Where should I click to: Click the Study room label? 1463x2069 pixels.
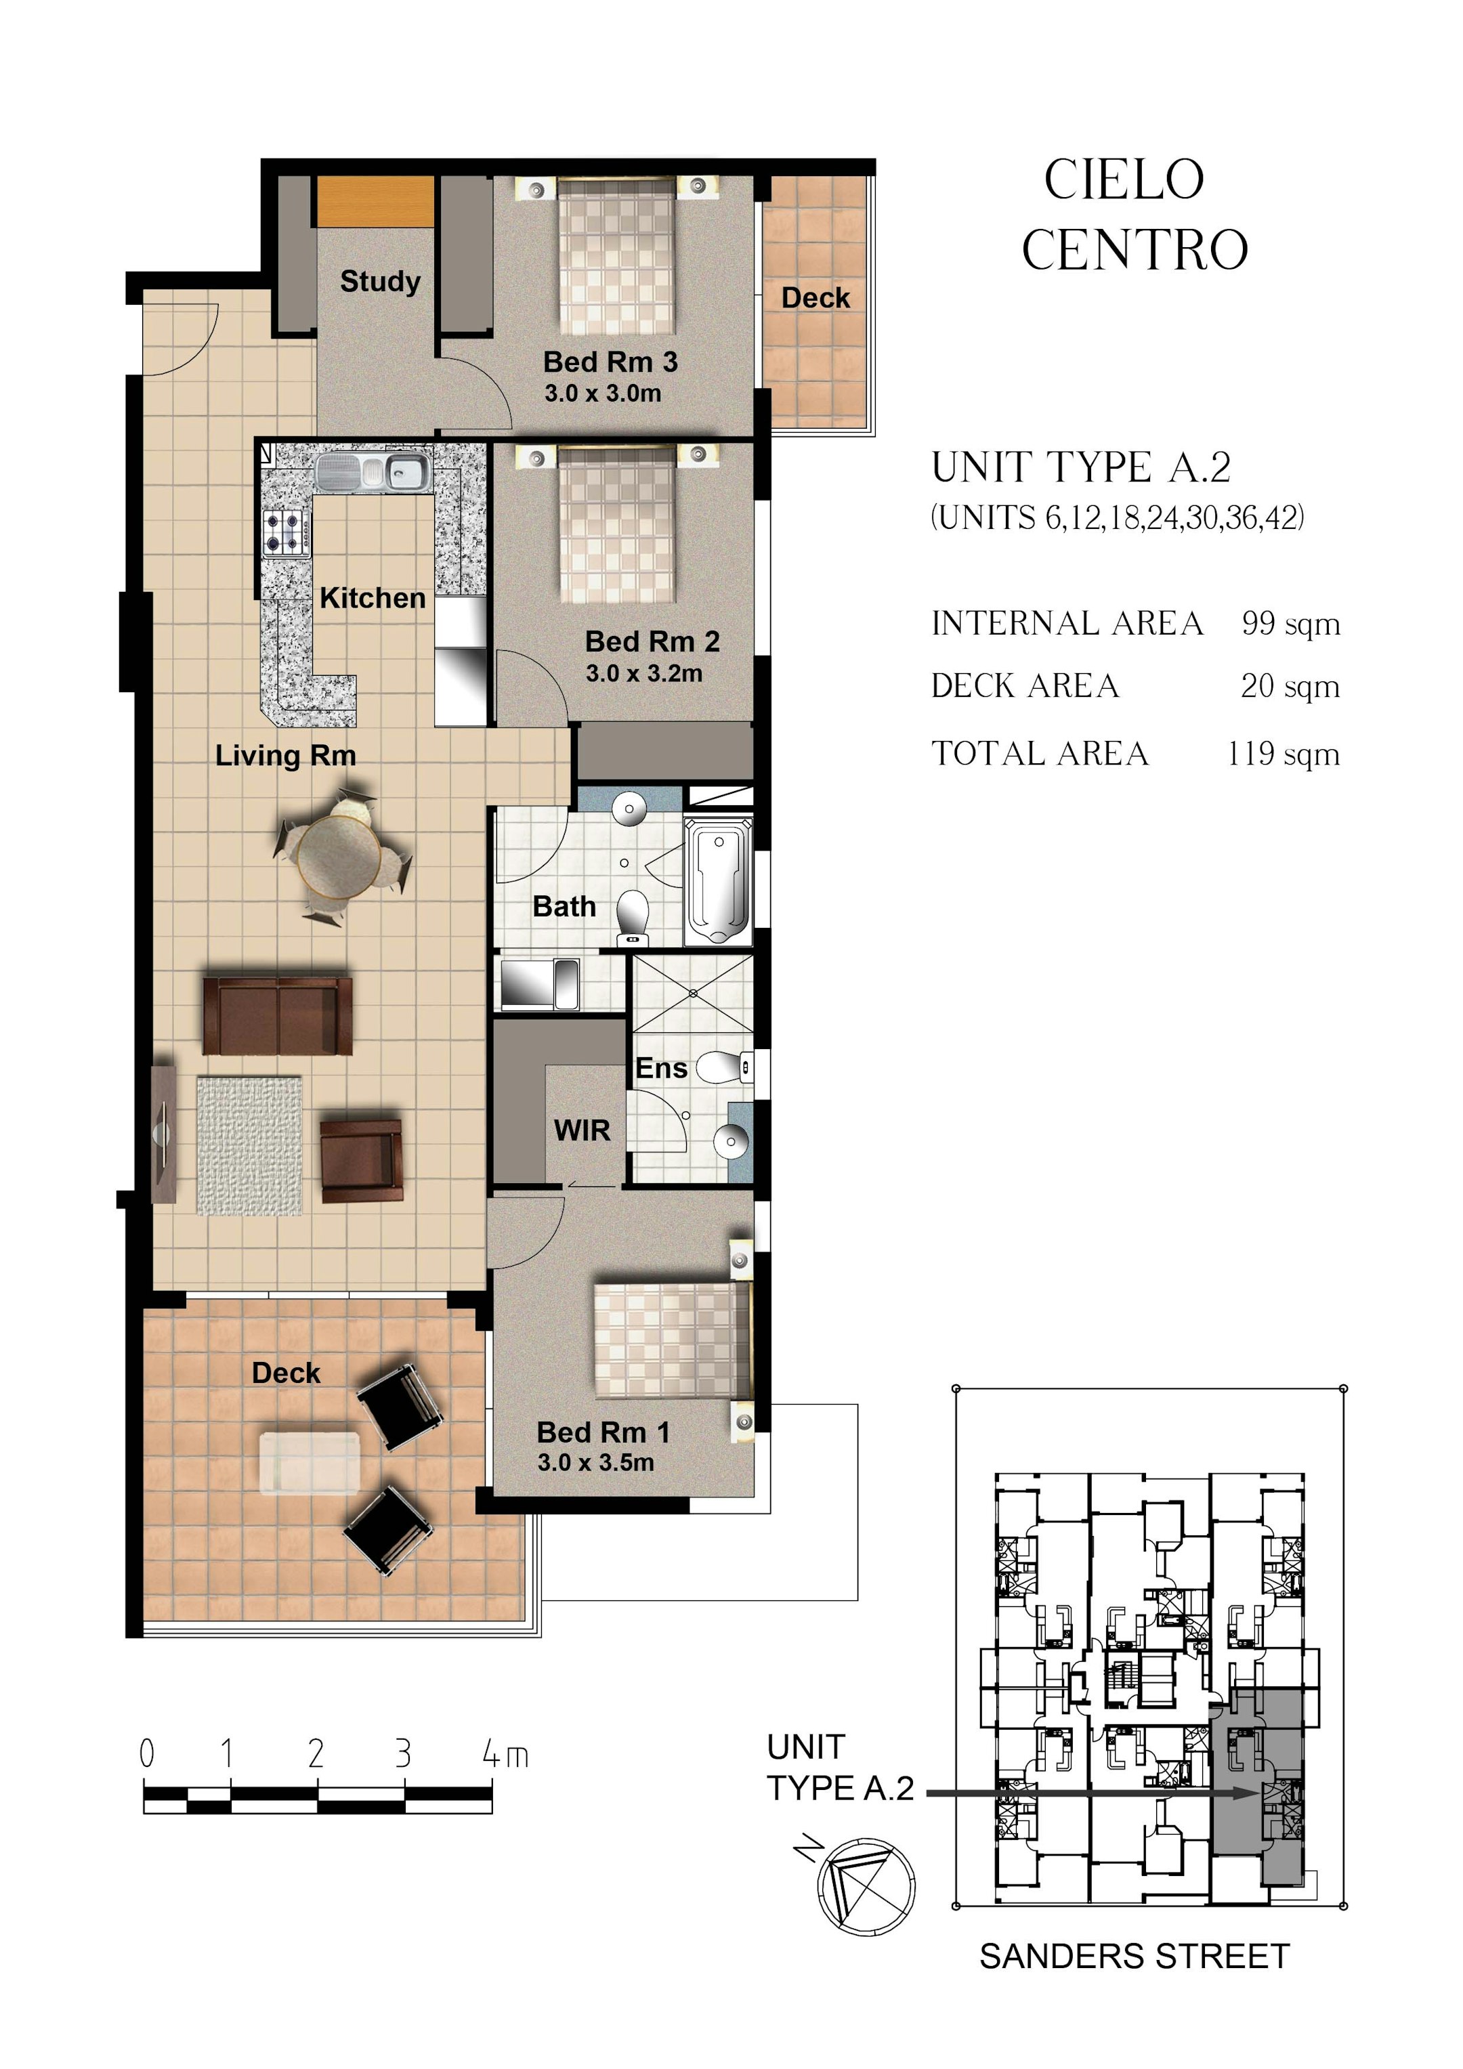click(x=379, y=282)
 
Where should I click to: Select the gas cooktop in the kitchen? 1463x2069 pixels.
click(x=287, y=532)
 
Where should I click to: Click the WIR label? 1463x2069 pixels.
click(x=581, y=1130)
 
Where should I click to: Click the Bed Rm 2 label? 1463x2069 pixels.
click(x=652, y=641)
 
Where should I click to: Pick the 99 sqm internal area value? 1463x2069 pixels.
click(x=1290, y=624)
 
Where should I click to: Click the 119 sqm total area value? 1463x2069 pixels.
click(x=1283, y=753)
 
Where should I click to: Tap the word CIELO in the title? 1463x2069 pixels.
click(x=1123, y=179)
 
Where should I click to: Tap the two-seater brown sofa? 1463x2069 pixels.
click(x=277, y=1016)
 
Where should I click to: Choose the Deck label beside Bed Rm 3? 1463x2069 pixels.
click(x=815, y=298)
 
